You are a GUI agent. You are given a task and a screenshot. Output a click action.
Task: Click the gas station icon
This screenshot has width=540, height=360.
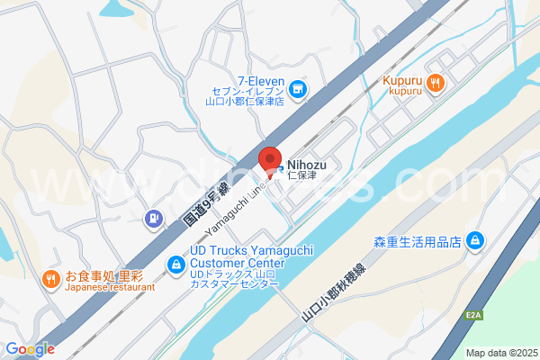pos(155,217)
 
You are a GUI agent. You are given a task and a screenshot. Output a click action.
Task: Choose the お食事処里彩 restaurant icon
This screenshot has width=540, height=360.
pos(52,279)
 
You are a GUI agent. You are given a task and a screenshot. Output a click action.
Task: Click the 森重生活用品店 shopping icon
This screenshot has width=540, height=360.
pos(474,241)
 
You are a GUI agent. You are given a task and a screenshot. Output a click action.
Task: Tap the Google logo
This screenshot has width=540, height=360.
pos(29,349)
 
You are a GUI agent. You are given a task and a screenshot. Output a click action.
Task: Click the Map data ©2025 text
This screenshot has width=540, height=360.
pos(500,353)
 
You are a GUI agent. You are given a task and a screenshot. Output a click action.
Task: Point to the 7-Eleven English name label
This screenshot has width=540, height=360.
pos(261,80)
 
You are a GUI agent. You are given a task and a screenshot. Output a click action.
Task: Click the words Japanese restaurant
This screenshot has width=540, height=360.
pos(110,288)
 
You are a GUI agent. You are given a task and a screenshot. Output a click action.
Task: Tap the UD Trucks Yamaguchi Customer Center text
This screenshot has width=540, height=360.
pos(236,256)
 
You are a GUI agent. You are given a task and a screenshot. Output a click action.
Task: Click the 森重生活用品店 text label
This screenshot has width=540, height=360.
pos(418,242)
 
